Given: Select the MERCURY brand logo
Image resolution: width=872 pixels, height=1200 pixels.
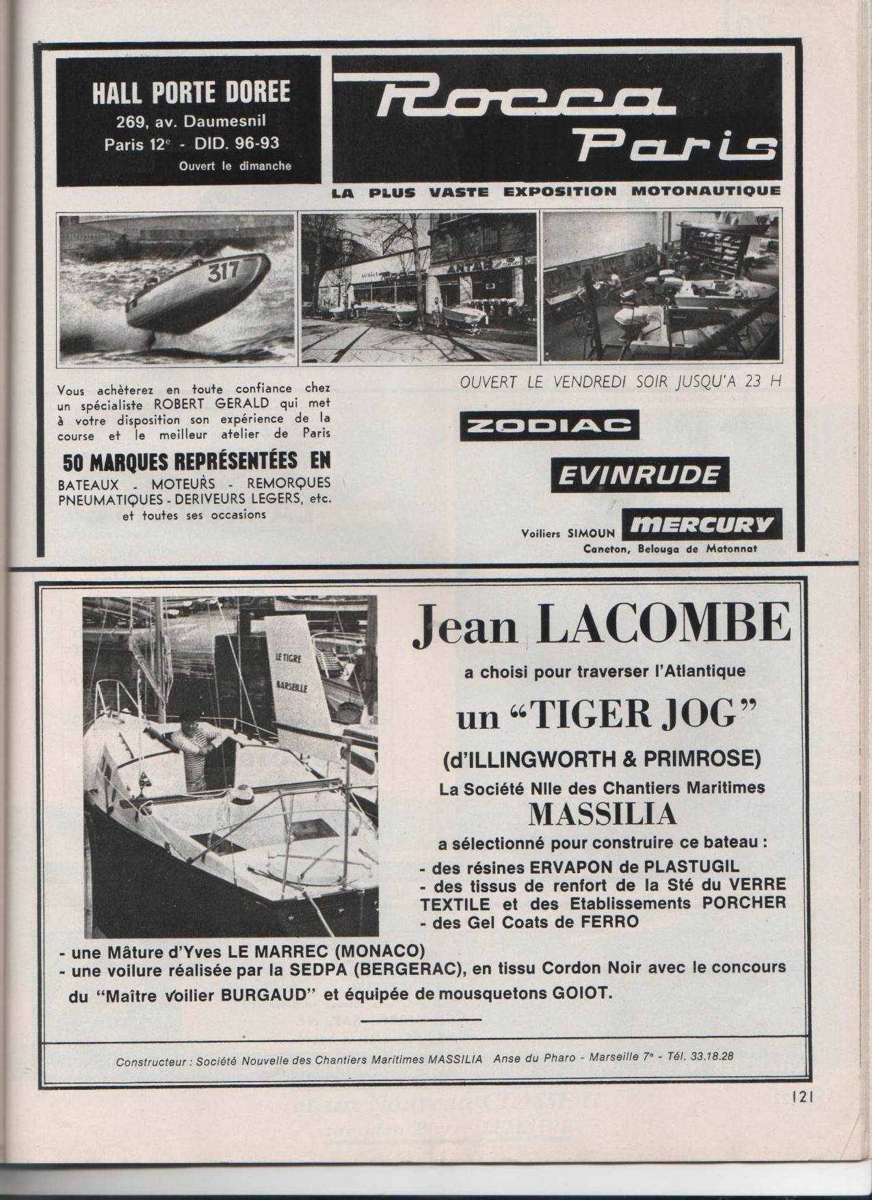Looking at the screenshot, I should pos(701,525).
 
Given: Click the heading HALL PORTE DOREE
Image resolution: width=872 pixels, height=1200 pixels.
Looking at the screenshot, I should pos(190,92).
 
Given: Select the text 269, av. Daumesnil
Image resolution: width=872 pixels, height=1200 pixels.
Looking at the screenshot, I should pos(188,123).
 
